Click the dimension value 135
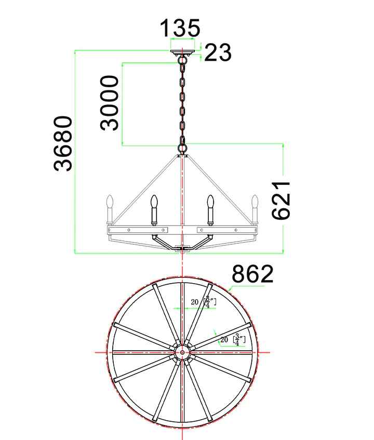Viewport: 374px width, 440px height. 180,28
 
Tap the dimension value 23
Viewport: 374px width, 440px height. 218,52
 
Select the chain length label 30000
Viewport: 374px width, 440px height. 110,103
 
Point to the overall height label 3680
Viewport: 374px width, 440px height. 63,143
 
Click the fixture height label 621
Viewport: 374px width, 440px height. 281,201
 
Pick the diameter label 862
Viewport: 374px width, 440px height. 252,274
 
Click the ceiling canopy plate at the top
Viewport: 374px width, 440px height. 182,52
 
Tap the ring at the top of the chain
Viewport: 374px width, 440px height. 182,60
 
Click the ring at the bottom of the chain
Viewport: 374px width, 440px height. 182,148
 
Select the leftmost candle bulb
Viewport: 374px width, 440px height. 110,201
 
